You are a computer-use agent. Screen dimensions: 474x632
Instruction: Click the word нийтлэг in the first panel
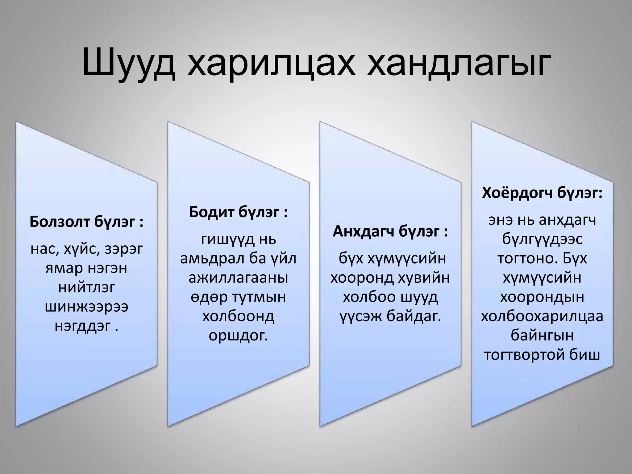86,288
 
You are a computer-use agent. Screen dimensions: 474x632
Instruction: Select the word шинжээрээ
86,307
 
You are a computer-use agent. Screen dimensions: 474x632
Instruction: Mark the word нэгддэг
83,326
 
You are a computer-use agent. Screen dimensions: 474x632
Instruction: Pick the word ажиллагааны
238,278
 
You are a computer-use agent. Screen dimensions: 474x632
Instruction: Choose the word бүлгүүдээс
542,239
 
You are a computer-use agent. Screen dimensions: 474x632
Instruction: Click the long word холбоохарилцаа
542,316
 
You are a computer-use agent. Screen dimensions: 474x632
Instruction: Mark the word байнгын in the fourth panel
542,335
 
